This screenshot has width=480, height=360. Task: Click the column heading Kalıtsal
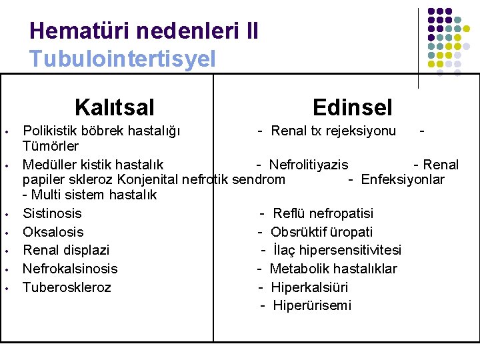[114, 107]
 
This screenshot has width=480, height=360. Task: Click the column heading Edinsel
[352, 107]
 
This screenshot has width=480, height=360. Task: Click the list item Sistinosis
[52, 213]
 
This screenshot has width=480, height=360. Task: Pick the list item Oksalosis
[53, 232]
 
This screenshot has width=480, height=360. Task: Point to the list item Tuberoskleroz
[67, 287]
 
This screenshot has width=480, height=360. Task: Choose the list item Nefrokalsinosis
[70, 269]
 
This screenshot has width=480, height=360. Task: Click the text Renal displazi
[66, 250]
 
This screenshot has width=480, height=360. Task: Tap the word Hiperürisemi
[311, 305]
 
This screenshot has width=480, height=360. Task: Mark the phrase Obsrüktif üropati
[321, 232]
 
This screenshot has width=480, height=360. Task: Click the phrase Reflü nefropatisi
[323, 213]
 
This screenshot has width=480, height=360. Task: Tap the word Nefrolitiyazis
[308, 165]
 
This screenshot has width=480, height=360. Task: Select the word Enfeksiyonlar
[402, 179]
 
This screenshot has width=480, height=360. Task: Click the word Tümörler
[51, 146]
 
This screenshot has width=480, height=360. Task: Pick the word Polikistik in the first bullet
[51, 130]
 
